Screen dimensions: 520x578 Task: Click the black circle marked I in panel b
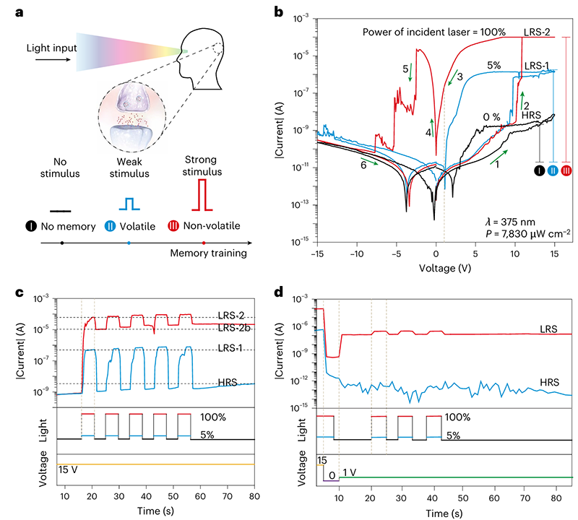pyautogui.click(x=539, y=170)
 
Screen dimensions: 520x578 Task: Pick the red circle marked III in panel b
pyautogui.click(x=566, y=170)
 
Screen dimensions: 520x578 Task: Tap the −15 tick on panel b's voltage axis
pyautogui.click(x=317, y=253)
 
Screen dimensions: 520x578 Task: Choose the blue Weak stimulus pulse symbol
pyautogui.click(x=127, y=202)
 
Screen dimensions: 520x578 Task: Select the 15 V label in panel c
pyautogui.click(x=69, y=456)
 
